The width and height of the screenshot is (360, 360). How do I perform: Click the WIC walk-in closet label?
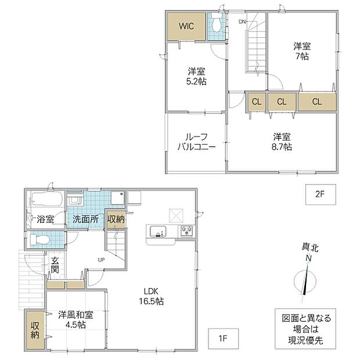186,26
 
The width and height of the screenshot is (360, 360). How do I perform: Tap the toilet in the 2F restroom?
216,24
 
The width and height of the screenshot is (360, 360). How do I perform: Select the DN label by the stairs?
242,22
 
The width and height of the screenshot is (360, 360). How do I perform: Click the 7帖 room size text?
302,56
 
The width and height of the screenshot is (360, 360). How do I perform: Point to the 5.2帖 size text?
196,81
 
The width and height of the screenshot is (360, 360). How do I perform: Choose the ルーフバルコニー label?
196,142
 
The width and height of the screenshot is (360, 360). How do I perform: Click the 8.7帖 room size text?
282,147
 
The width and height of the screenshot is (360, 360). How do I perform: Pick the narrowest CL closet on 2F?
257,102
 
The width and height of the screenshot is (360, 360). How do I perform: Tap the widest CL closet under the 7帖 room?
317,102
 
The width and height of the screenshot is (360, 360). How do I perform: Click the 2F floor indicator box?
321,195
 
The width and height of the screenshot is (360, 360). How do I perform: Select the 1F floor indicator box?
223,339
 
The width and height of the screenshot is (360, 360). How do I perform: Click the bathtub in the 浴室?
47,199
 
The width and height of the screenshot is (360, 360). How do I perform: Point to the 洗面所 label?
85,219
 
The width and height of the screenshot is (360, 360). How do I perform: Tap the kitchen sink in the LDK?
158,232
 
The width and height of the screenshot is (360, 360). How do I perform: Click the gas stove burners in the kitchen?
186,231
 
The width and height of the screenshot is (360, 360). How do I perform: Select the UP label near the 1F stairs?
101,260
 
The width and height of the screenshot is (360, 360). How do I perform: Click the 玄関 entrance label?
55,265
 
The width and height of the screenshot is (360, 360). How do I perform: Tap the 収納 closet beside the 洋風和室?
35,330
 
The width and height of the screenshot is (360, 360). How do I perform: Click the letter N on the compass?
309,258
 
